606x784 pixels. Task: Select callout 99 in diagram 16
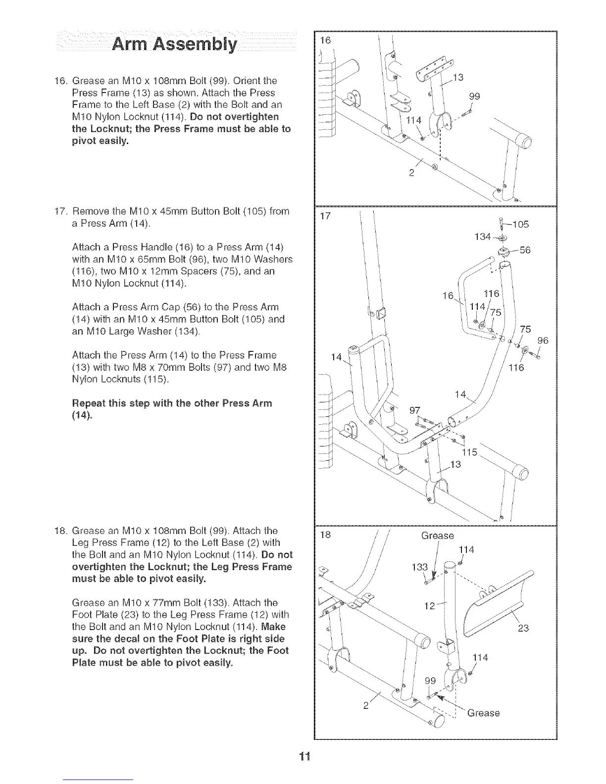[x=474, y=97]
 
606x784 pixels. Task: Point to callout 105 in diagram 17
[x=519, y=224]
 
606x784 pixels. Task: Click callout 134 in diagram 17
[x=482, y=237]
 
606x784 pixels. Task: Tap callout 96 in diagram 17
[x=543, y=341]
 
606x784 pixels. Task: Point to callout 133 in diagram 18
[x=419, y=567]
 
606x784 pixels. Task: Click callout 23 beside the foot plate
[x=523, y=629]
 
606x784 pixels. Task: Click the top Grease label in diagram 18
[x=437, y=536]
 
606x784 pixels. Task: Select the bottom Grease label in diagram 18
[x=483, y=713]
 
